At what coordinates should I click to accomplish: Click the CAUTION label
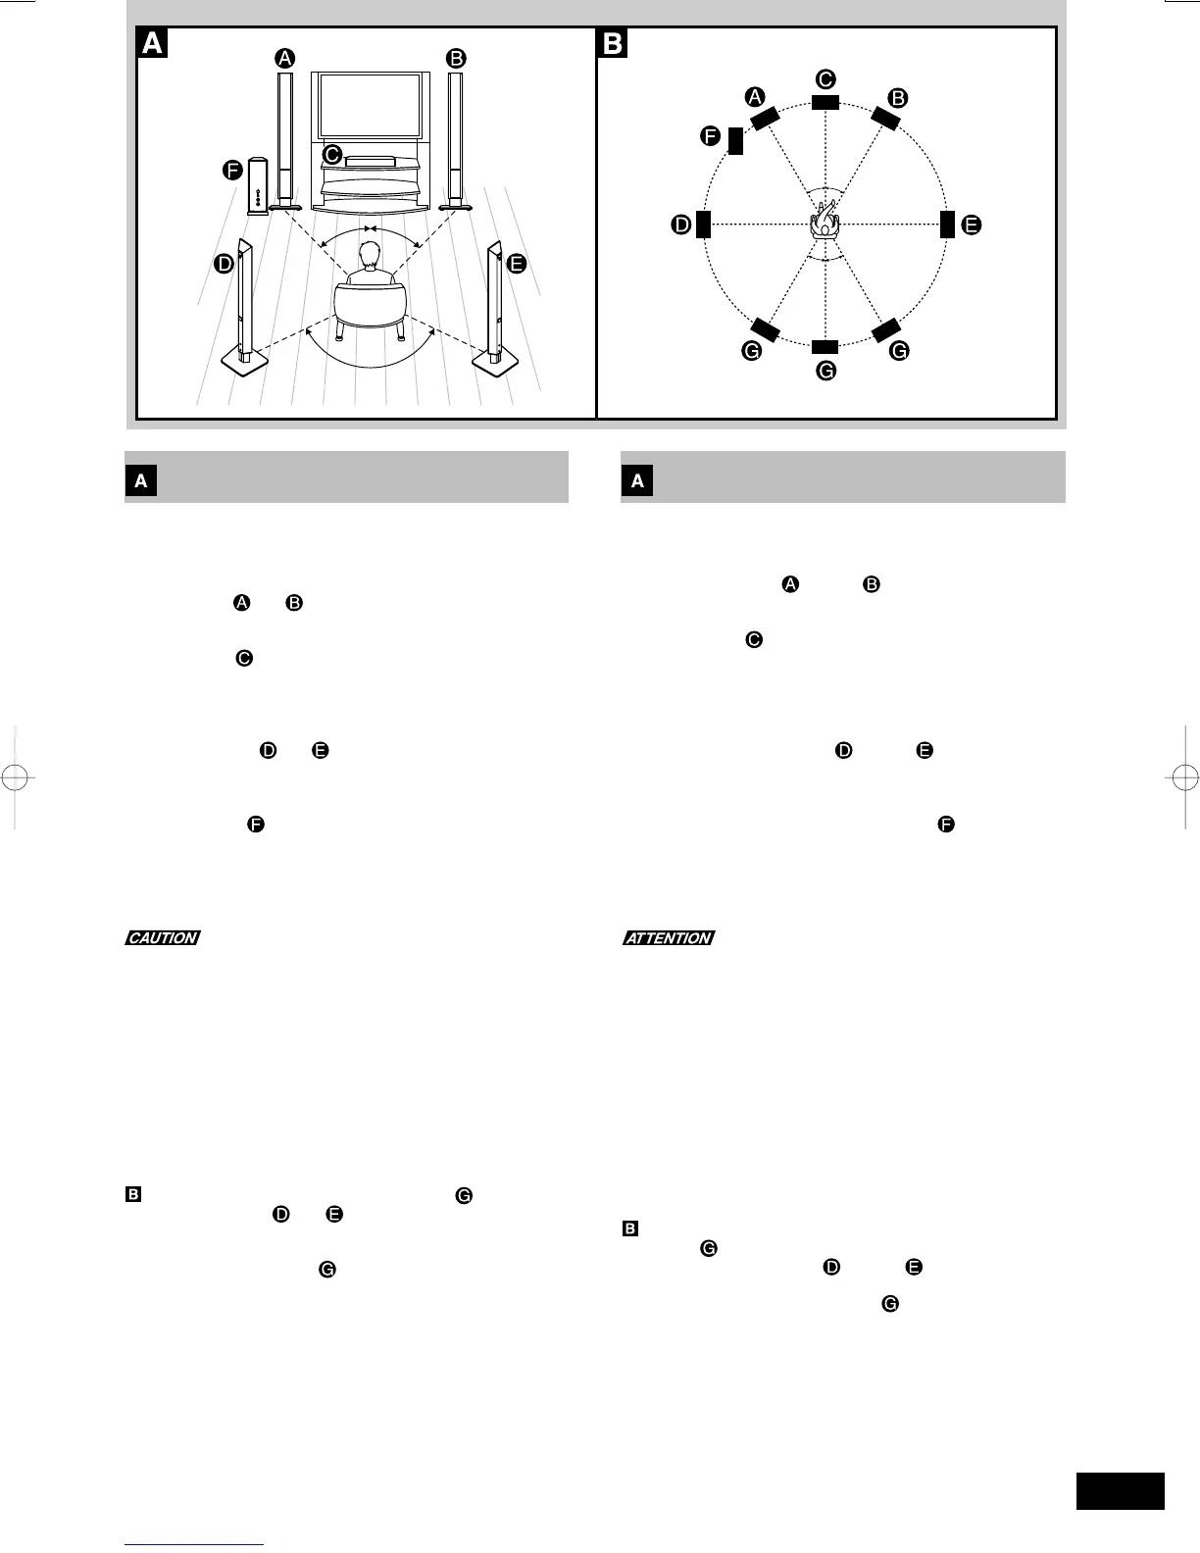[163, 938]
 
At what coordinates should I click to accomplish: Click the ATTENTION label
[669, 938]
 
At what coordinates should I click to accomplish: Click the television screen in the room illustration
[370, 105]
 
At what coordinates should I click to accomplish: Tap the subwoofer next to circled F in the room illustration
[258, 185]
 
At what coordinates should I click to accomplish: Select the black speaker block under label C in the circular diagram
[825, 102]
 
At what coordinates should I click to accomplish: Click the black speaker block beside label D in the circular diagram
[703, 225]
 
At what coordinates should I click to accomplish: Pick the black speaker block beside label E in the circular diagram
[947, 225]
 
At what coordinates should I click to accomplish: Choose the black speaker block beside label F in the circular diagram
[735, 140]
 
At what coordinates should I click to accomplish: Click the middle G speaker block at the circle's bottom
[825, 346]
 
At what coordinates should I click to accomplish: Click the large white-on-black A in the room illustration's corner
[153, 43]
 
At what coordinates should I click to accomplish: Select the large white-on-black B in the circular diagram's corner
[613, 43]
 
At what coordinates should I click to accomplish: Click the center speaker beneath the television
[370, 160]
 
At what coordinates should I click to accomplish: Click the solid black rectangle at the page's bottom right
[1121, 1490]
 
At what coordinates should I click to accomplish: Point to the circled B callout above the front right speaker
[455, 58]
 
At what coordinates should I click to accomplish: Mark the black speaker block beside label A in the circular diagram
[765, 118]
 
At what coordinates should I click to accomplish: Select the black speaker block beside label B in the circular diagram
[885, 118]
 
